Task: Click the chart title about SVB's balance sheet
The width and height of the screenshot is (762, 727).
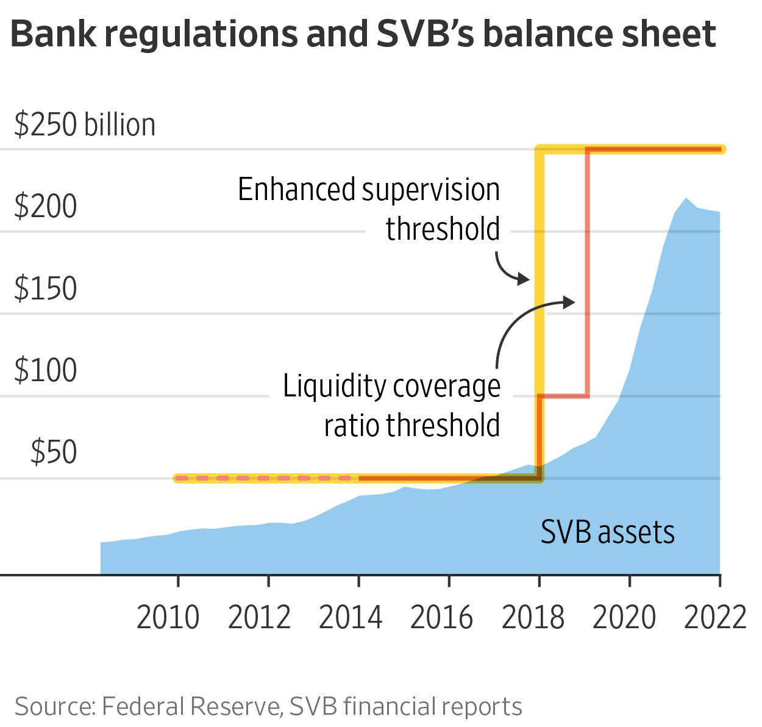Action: pos(363,34)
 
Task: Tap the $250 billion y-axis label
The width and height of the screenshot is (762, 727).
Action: pos(85,124)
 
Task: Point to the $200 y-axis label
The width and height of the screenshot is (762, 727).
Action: pos(46,206)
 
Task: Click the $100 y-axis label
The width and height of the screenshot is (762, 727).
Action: pos(46,370)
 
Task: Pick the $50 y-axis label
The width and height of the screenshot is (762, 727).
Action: pos(54,452)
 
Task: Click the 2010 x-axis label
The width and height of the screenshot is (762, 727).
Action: pos(168,617)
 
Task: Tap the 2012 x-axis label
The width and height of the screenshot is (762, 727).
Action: pos(260,617)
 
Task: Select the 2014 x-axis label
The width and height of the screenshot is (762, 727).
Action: pos(351,617)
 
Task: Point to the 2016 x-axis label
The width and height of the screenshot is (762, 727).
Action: pos(442,617)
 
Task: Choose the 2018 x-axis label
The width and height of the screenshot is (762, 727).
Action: pos(533,617)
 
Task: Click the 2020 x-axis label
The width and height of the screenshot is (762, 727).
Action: pos(624,617)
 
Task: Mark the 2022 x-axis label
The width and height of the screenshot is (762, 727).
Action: pos(716,617)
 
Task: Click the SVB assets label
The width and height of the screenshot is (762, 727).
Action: pos(608,532)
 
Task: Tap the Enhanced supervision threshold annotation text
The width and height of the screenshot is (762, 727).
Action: pos(369,209)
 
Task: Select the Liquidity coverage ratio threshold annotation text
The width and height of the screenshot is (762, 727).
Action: pos(392,406)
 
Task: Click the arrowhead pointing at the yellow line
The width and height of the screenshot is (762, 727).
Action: pos(524,280)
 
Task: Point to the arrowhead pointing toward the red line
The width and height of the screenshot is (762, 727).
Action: pos(569,302)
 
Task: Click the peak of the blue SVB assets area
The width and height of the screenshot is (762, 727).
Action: pos(686,199)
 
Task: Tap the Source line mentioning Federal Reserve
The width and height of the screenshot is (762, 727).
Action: pos(268,706)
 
